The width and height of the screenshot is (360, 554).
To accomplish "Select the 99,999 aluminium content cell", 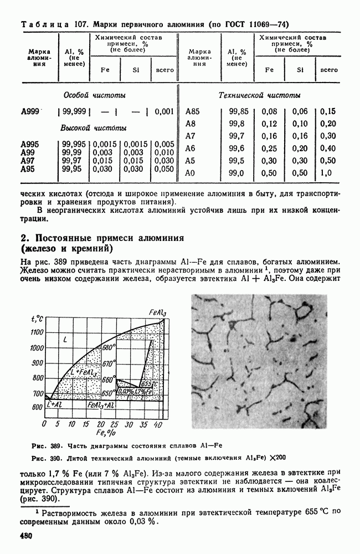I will [x=74, y=111].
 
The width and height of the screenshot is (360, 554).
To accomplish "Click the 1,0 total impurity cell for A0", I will [x=326, y=173].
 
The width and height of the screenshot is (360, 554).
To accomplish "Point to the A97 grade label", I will [x=29, y=161].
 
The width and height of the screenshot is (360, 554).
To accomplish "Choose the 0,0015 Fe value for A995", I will [x=105, y=144].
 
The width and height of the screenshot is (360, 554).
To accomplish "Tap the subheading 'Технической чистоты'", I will [x=260, y=95].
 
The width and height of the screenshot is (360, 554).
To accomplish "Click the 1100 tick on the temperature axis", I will [x=37, y=332].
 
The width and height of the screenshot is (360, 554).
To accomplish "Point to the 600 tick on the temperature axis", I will [x=37, y=408].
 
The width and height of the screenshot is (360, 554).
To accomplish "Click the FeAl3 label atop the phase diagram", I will [x=158, y=312].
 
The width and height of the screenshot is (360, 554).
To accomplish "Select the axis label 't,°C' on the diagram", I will [x=38, y=319].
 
